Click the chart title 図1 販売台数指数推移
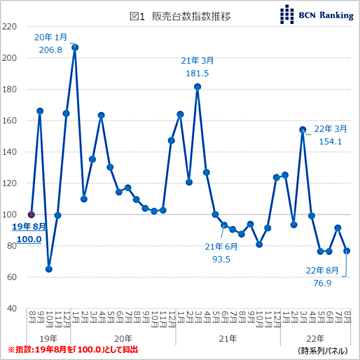pyautogui.click(x=180, y=16)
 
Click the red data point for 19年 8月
pyautogui.click(x=31, y=214)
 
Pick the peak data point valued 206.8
pyautogui.click(x=75, y=47)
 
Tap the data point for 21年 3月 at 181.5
pyautogui.click(x=198, y=86)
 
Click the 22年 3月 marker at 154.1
pyautogui.click(x=303, y=130)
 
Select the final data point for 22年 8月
pyautogui.click(x=347, y=251)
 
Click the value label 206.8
pyautogui.click(x=50, y=50)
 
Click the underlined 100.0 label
pyautogui.click(x=29, y=239)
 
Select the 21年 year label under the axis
pyautogui.click(x=228, y=338)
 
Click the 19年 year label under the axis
pyautogui.click(x=49, y=338)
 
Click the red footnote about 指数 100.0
pyautogui.click(x=72, y=349)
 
